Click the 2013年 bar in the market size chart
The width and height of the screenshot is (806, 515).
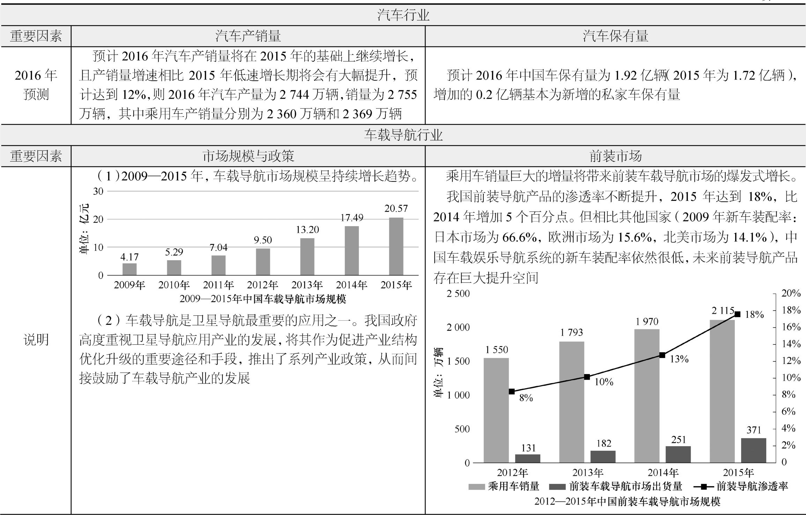[307, 256]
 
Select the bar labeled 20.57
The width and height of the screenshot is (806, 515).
[396, 246]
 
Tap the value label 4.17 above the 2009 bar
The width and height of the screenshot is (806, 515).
[130, 257]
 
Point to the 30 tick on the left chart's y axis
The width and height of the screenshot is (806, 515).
[98, 191]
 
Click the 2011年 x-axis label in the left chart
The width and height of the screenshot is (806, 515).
[219, 285]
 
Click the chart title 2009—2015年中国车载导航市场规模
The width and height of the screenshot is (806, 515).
[262, 299]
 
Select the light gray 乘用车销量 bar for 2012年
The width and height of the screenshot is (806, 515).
[496, 410]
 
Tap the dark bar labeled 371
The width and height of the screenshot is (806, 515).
[753, 450]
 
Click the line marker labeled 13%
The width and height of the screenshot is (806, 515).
[662, 355]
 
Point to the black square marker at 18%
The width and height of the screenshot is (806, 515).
[737, 314]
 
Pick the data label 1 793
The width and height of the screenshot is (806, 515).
[571, 333]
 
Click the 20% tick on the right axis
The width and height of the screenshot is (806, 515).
[790, 293]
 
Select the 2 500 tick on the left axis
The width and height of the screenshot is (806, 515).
[458, 293]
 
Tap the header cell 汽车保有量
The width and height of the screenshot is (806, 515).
[615, 36]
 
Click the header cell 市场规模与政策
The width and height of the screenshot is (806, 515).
[248, 156]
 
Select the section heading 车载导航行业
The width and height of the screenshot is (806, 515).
[403, 135]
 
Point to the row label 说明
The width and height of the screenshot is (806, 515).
[36, 339]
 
